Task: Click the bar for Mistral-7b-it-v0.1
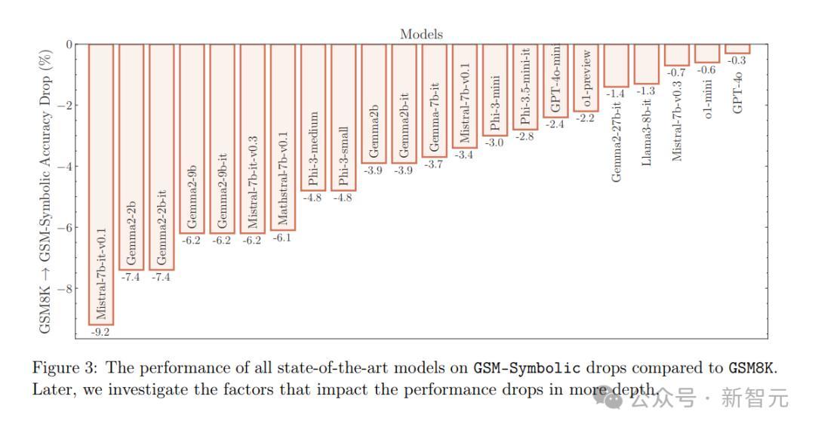(x=101, y=184)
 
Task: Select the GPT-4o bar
(x=737, y=49)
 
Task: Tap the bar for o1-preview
(x=586, y=78)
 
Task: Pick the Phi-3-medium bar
(x=313, y=118)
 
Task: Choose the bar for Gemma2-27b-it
(x=616, y=66)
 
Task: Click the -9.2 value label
(x=100, y=332)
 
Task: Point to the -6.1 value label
(x=281, y=238)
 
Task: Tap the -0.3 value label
(x=737, y=61)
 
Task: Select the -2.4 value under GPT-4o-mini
(x=555, y=124)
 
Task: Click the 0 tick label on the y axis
(x=69, y=45)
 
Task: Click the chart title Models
(x=422, y=34)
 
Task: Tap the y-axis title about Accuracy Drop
(x=46, y=192)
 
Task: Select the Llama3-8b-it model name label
(x=646, y=133)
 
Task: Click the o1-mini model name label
(x=707, y=99)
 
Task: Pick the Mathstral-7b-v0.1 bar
(x=283, y=137)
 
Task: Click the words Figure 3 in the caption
(x=64, y=368)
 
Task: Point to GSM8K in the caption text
(x=752, y=368)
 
